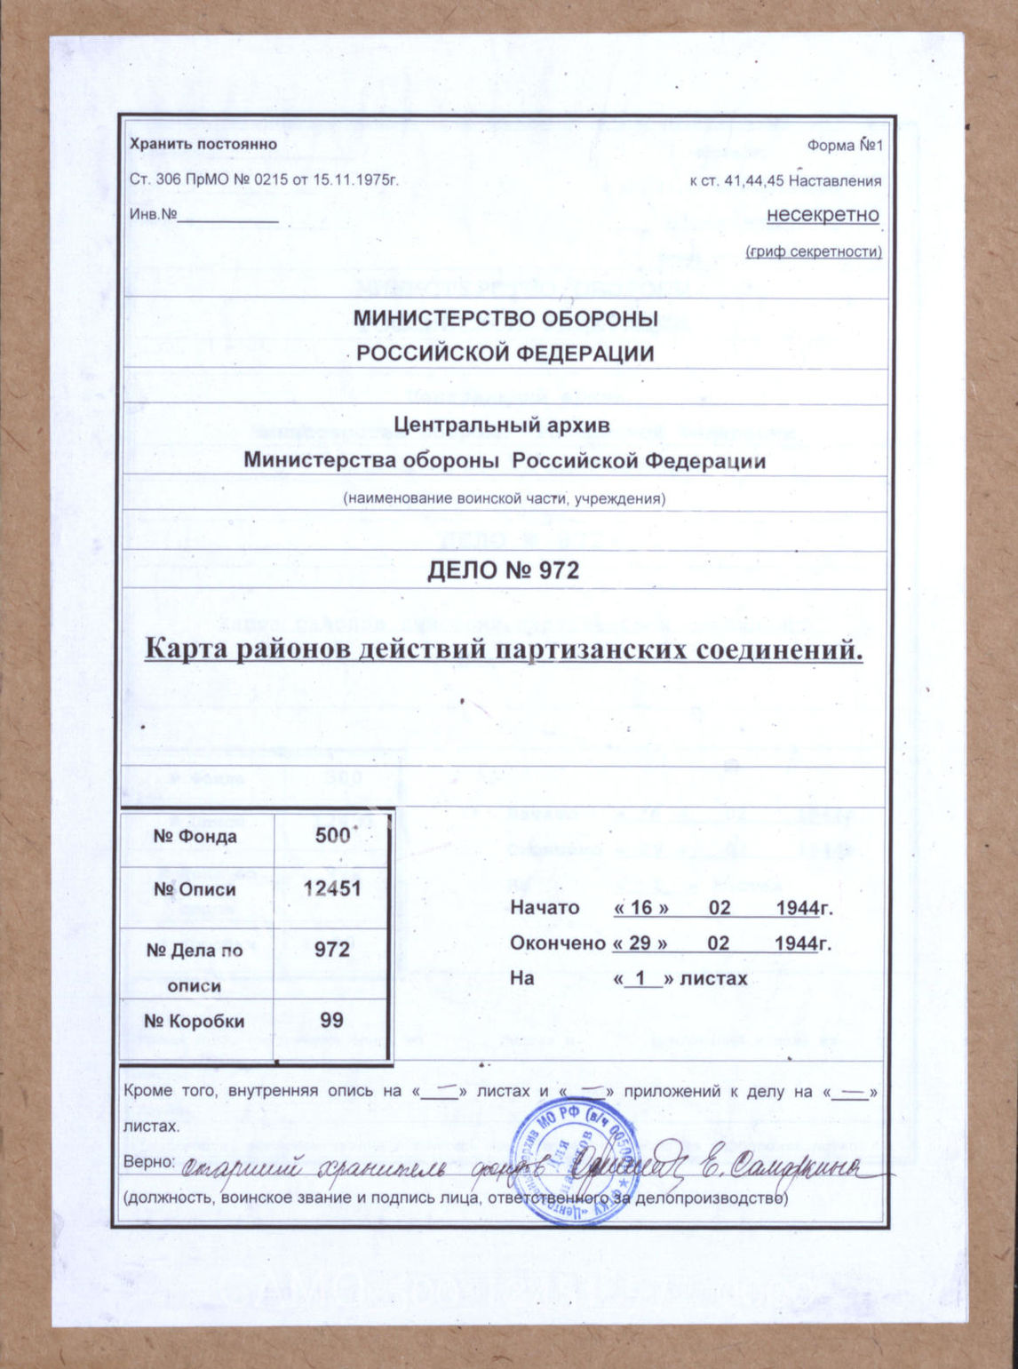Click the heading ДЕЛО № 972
(503, 569)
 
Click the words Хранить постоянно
(203, 144)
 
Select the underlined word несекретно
(823, 215)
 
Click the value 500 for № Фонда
(332, 836)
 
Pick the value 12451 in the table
(332, 889)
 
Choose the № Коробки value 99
(332, 1020)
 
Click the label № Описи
(195, 889)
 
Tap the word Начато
(545, 908)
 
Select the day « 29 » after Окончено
(640, 943)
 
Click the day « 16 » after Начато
(640, 908)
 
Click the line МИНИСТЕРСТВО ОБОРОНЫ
(505, 319)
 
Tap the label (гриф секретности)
(814, 252)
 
